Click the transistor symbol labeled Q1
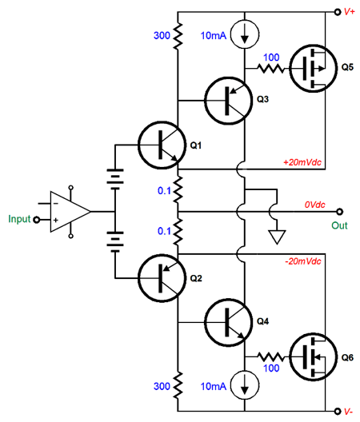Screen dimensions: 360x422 [162, 145]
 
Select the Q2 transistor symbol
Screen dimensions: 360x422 [162, 278]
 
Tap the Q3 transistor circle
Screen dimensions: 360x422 [228, 101]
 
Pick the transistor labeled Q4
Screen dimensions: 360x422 [228, 322]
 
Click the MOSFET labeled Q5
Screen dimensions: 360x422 [313, 69]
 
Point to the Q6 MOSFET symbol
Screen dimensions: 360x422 [313, 357]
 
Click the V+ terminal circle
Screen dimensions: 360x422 [337, 12]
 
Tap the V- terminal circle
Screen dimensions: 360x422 [337, 411]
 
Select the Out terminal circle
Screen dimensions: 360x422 [340, 212]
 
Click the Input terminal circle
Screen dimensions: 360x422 [36, 220]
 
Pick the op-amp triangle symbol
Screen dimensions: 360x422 [70, 212]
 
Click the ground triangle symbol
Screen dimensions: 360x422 [277, 237]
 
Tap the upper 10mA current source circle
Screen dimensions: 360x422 [245, 34]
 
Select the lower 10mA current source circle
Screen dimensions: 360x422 [245, 385]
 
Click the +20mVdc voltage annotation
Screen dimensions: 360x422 [302, 162]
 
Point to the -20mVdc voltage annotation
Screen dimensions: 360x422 [303, 261]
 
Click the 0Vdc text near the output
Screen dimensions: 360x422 [314, 205]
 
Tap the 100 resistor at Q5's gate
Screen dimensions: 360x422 [271, 69]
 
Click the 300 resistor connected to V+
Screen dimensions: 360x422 [178, 36]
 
